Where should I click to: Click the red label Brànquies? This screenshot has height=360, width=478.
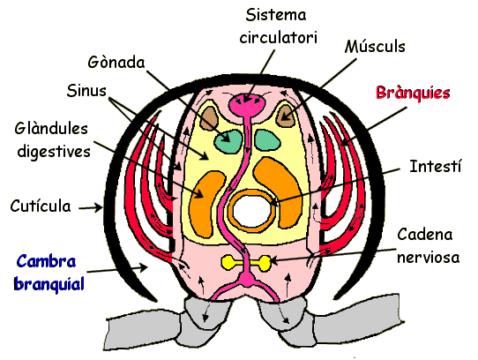coord(413,93)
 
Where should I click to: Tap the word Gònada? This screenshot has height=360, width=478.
coord(116,63)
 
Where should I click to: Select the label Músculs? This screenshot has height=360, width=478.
coord(375,47)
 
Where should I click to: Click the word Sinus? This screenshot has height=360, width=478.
coord(86,91)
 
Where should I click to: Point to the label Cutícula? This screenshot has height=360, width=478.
coord(41,206)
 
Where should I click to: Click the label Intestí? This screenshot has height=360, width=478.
coord(436,166)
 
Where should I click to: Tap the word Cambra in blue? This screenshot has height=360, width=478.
coord(46,261)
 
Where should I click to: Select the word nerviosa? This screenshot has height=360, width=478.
coord(429,258)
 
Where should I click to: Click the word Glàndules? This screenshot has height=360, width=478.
coord(51,129)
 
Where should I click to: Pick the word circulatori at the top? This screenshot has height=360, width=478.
coord(279,38)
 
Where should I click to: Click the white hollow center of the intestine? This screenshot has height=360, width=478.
coord(251,211)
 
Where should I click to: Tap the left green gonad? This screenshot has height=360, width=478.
coord(228,141)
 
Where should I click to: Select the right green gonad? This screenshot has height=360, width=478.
coord(267,140)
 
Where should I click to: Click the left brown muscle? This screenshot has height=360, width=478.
coord(209,118)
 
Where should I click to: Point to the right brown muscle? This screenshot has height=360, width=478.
coord(285,116)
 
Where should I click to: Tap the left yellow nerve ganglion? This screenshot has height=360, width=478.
coord(228,263)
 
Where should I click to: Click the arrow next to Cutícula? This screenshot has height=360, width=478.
coord(91,207)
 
